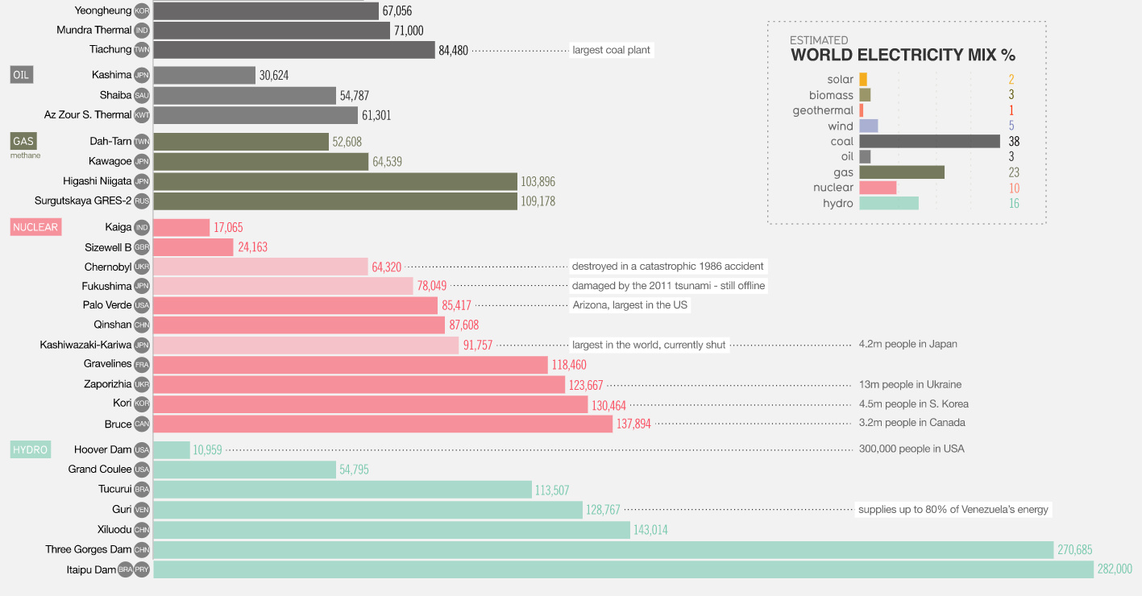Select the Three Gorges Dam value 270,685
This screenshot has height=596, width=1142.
(1073, 550)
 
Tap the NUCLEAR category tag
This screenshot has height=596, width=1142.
(35, 227)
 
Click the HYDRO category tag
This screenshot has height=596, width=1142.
(31, 449)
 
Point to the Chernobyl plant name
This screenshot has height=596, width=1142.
(107, 267)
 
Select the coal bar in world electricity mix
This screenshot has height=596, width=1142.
(929, 141)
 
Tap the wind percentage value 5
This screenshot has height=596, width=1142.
(1011, 126)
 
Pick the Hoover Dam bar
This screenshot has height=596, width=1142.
(171, 450)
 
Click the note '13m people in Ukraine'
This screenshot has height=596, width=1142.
(910, 384)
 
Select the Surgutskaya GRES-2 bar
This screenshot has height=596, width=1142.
(334, 201)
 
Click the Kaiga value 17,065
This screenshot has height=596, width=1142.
(228, 228)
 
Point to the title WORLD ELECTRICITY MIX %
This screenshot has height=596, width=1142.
(903, 56)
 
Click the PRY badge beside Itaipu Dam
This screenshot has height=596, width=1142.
(142, 569)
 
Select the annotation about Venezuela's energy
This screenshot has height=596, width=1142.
(953, 510)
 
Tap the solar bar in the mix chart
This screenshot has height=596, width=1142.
(863, 79)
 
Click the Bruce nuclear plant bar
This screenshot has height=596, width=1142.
(382, 424)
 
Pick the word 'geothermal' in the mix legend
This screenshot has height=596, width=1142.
(822, 110)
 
